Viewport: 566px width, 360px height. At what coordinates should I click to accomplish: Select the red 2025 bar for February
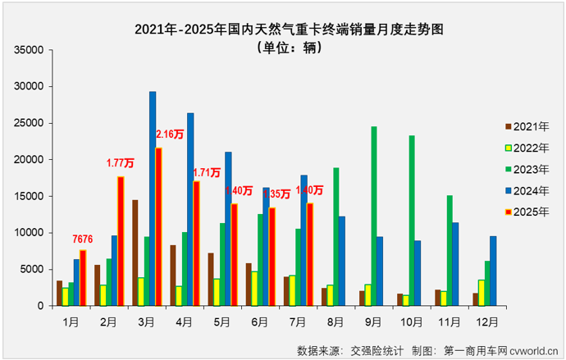coord(121,241)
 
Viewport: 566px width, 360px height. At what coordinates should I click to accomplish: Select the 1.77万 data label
coord(121,163)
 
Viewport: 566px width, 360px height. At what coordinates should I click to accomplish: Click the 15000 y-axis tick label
coord(28,196)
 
